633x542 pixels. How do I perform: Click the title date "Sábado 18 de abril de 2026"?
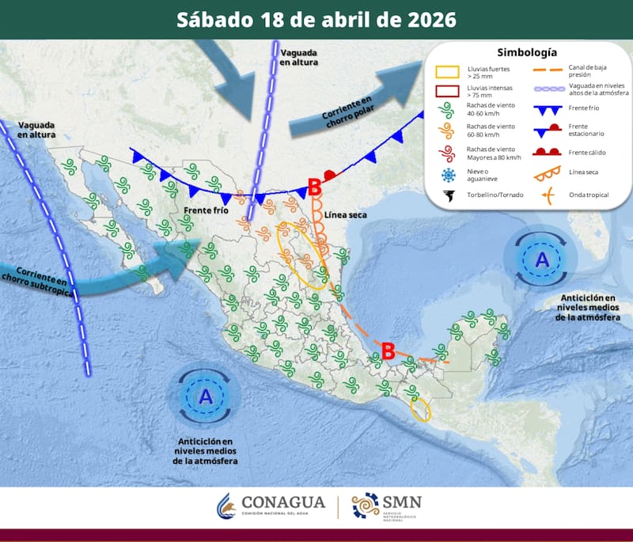click(x=316, y=19)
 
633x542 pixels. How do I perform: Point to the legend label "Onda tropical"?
click(x=588, y=195)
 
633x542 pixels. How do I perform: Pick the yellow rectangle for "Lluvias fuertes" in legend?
click(x=449, y=71)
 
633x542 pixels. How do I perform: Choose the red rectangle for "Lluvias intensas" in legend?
click(x=449, y=91)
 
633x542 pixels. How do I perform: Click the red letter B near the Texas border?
click(x=314, y=188)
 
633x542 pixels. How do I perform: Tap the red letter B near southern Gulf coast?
click(x=389, y=351)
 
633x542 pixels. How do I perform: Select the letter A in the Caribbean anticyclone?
click(x=542, y=259)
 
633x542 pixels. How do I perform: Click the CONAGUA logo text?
click(x=282, y=503)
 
